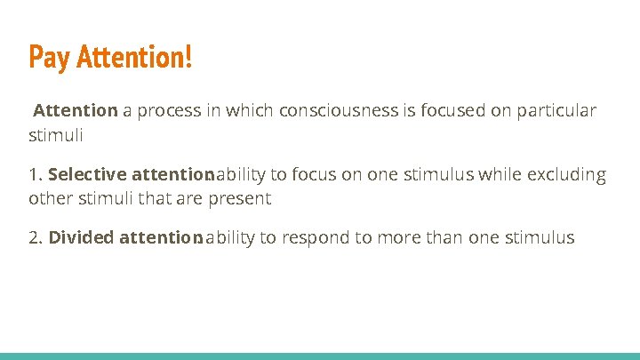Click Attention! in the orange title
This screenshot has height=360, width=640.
tap(134, 58)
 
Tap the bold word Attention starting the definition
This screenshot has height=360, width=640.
tap(76, 111)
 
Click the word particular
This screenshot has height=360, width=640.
tap(556, 111)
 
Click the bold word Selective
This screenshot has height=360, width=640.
tap(86, 175)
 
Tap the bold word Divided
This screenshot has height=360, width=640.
tap(81, 238)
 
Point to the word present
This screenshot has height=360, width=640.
tap(240, 198)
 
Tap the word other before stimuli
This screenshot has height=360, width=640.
tap(51, 198)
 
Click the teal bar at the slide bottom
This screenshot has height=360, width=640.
tap(320, 356)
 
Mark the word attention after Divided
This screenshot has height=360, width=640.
tap(160, 238)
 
